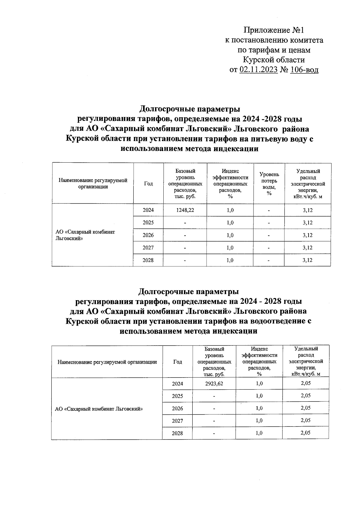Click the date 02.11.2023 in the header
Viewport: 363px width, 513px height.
(x=259, y=70)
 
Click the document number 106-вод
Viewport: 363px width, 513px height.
(x=304, y=70)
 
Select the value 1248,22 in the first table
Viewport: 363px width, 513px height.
(x=185, y=210)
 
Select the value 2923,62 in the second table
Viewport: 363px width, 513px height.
(x=214, y=384)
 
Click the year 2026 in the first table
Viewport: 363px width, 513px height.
(x=148, y=235)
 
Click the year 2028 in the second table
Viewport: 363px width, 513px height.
(x=177, y=433)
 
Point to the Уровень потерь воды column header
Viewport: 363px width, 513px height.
(x=269, y=184)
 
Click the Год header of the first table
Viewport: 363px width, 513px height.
(x=148, y=184)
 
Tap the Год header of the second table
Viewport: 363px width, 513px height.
(x=178, y=362)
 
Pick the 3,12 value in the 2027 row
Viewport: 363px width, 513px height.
(x=307, y=248)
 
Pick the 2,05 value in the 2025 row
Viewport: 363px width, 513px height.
(x=306, y=396)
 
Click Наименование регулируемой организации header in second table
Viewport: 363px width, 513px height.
(x=107, y=362)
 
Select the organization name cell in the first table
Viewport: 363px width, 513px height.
(x=85, y=235)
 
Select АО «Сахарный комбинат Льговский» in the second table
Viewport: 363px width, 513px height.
(x=99, y=409)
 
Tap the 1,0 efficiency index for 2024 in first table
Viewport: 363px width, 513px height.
(x=230, y=210)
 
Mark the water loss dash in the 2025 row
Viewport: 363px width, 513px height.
(x=269, y=223)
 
